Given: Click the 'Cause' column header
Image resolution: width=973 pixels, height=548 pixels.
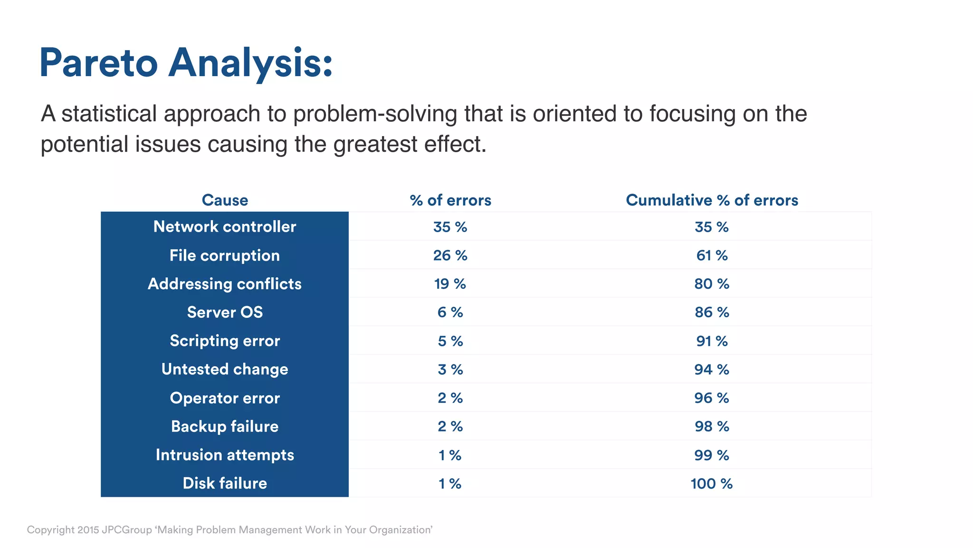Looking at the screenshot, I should point(225,200).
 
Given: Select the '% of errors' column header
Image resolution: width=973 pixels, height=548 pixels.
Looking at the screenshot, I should point(450,200).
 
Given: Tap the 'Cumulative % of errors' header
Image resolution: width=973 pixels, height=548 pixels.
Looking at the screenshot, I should point(712,200).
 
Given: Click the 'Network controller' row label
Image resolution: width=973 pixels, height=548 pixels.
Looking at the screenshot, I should point(225,227).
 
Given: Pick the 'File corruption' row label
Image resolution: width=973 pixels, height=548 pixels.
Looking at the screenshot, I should point(225,255).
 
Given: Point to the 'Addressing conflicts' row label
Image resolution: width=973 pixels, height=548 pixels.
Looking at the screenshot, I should point(225,284).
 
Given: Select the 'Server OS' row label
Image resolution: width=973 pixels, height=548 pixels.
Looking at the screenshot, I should point(225,313).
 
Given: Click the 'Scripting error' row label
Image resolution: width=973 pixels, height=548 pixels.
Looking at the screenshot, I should point(225,341).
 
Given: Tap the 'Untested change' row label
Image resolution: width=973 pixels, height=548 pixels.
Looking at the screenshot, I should point(225,370).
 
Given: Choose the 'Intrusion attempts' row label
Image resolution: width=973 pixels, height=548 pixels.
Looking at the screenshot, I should point(225,455).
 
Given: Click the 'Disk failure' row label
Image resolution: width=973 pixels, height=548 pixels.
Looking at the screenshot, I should point(225,484).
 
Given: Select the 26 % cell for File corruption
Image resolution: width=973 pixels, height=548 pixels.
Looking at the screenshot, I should point(450,255).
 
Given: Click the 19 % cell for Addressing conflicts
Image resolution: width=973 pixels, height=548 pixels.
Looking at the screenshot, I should point(450,284).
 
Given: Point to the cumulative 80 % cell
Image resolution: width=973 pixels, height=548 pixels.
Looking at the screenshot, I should point(712,284).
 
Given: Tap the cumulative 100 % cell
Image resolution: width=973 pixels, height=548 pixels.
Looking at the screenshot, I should point(712,484).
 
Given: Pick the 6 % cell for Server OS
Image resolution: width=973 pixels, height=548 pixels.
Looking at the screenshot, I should point(450,313).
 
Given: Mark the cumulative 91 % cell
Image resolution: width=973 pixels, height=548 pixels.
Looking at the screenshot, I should point(712,341).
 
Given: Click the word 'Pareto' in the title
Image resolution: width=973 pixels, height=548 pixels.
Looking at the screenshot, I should point(98,63).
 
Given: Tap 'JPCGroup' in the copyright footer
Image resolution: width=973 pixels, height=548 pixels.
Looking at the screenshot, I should point(127,530).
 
